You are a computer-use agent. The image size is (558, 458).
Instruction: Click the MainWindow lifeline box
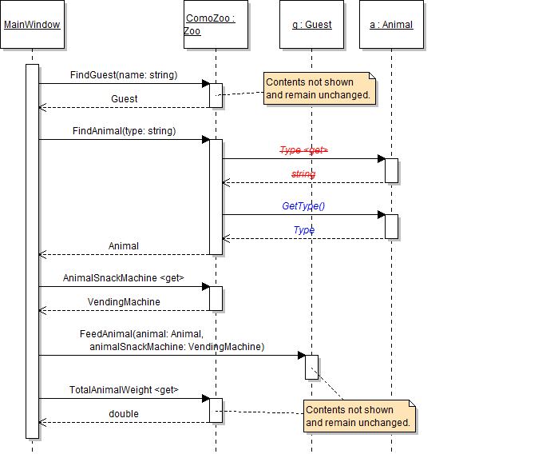coord(32,25)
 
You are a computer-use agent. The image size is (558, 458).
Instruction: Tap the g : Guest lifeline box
coord(311,25)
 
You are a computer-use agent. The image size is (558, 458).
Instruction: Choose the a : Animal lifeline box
coord(391,25)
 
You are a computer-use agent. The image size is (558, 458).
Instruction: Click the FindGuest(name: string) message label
coord(124,75)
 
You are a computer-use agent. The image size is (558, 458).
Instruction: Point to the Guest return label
coord(124,99)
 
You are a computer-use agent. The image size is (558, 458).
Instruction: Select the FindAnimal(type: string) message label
coord(124,131)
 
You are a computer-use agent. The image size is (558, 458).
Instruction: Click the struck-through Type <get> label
coord(303,150)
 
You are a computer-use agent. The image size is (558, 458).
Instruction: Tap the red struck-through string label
coord(303,174)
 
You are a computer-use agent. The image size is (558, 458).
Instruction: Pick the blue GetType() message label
coord(303,206)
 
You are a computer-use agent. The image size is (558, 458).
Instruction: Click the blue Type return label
coord(303,230)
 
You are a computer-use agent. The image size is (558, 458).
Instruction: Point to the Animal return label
coord(124,246)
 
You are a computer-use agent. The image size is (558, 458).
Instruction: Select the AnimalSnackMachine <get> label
coord(124,278)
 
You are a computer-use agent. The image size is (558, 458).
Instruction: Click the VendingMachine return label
coord(124,302)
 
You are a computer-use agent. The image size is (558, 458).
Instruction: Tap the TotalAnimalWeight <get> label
coord(124,390)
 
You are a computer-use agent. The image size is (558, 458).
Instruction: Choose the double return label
coord(124,414)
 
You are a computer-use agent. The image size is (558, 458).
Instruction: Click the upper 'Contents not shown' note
coord(319,88)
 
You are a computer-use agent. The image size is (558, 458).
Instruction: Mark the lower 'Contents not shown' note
coord(359,416)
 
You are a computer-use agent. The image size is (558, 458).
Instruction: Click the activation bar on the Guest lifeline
coord(311,367)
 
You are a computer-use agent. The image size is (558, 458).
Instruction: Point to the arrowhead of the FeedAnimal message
coord(302,355)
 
